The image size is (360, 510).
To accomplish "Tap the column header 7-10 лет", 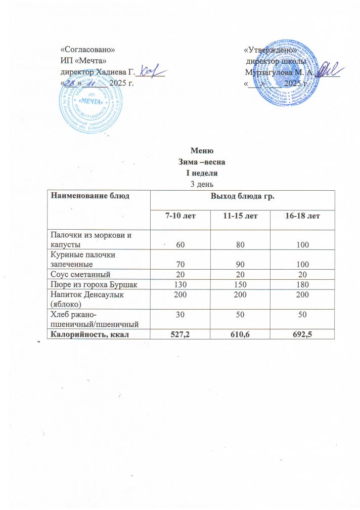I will click(181, 217).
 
